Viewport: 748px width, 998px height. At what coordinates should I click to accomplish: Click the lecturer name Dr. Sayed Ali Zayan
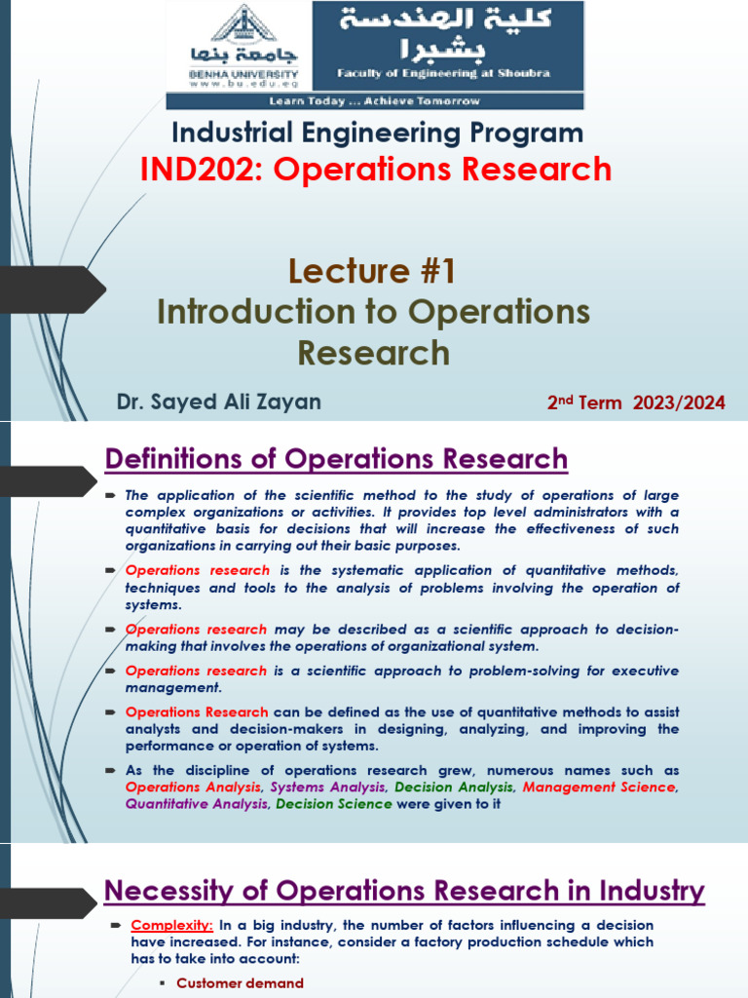(218, 402)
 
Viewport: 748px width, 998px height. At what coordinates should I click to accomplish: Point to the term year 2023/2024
(681, 403)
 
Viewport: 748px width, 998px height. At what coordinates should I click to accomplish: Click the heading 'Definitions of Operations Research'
(335, 458)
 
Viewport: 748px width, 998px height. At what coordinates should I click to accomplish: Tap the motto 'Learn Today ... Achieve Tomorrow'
(375, 100)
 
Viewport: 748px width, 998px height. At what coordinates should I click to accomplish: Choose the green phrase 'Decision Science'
(334, 804)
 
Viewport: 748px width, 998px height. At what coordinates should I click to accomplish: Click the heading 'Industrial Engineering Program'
(377, 133)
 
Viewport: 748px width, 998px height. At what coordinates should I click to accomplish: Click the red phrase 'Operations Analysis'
(193, 787)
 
